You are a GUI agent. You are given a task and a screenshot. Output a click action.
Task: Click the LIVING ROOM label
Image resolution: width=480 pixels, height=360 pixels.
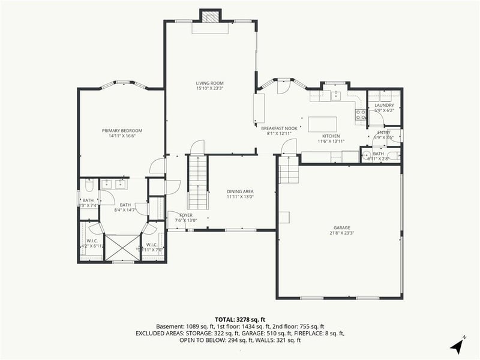(x=209, y=83)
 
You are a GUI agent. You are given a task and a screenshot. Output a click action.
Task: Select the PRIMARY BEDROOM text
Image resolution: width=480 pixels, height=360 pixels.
(x=122, y=130)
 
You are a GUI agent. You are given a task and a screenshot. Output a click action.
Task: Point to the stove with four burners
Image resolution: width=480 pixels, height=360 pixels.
(x=361, y=114)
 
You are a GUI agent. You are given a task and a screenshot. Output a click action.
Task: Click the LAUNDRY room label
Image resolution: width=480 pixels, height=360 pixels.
(x=383, y=105)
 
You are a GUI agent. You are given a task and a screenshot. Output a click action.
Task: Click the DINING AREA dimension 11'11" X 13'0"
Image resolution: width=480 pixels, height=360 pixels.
(x=240, y=197)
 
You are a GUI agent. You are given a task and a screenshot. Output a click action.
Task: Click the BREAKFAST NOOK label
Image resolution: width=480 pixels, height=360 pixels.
(x=279, y=128)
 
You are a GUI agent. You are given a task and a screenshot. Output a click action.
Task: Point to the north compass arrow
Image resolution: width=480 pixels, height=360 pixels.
(x=457, y=346)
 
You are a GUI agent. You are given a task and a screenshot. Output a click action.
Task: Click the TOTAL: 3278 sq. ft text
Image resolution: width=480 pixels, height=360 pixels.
(x=239, y=319)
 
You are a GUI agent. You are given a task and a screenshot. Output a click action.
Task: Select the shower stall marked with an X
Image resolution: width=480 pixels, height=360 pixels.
(x=122, y=247)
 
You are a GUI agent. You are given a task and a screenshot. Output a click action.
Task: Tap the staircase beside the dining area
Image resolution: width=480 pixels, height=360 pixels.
(x=197, y=180)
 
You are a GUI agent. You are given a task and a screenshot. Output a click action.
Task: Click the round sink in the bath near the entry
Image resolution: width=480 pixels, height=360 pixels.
(x=368, y=157)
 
